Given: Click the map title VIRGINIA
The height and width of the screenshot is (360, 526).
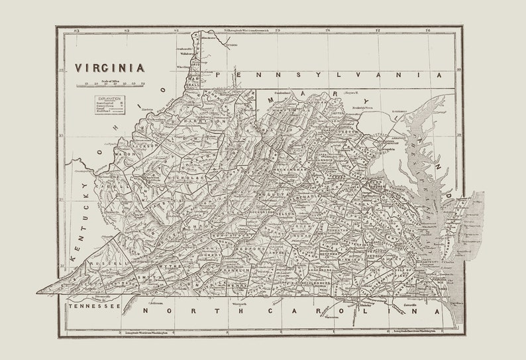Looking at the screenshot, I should click(109, 68).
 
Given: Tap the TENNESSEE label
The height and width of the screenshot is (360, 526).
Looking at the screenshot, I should click(93, 306).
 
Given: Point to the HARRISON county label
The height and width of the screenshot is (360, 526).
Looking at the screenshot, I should click(205, 123).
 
